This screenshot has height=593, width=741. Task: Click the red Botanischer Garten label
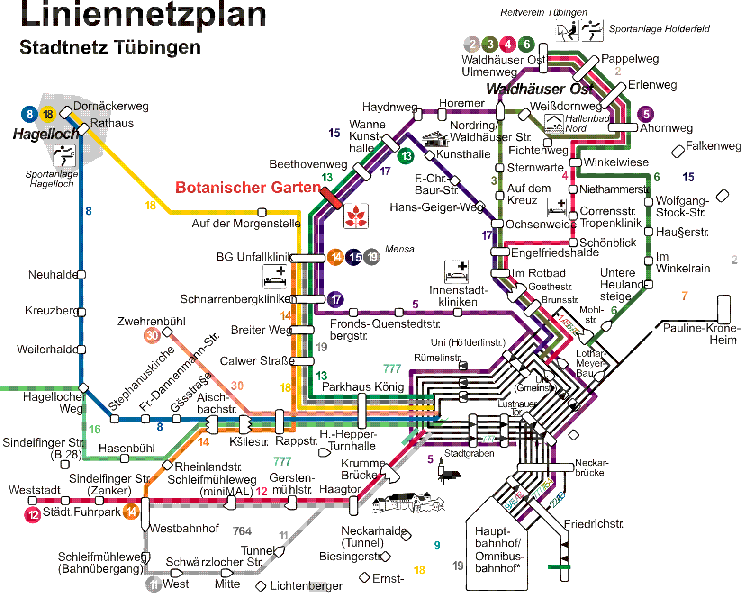[248, 188]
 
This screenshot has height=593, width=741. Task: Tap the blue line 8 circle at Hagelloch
[29, 114]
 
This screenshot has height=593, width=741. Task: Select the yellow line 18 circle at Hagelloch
[48, 114]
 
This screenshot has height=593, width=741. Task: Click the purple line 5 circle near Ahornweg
[646, 114]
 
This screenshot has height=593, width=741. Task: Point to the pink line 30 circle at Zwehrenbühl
[152, 335]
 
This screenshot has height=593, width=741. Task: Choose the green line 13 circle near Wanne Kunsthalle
[406, 156]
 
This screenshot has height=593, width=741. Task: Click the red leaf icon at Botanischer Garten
[356, 216]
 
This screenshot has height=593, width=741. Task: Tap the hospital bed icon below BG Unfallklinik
[275, 276]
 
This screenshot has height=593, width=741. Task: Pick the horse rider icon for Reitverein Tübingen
[567, 30]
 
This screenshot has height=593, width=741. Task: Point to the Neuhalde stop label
[52, 275]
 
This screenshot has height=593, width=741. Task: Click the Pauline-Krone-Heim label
[701, 334]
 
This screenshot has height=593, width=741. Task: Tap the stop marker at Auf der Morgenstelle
[262, 212]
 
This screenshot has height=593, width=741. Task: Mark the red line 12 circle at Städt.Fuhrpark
[33, 514]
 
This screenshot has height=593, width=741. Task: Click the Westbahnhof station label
[185, 529]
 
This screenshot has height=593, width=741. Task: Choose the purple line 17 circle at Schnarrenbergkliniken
[335, 299]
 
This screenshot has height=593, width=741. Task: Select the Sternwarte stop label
[535, 168]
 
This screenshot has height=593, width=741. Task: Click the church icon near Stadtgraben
[449, 474]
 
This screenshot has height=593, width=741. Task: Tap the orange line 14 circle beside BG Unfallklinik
[335, 257]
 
